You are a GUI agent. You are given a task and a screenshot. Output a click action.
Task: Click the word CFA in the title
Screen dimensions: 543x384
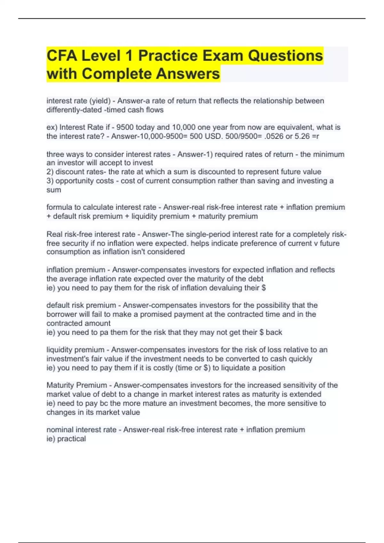point(61,56)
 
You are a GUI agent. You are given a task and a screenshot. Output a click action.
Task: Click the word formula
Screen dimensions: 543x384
point(60,207)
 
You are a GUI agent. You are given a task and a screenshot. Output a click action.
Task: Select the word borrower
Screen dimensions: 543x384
point(62,314)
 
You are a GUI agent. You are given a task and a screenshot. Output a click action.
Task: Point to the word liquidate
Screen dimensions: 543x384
point(236,368)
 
